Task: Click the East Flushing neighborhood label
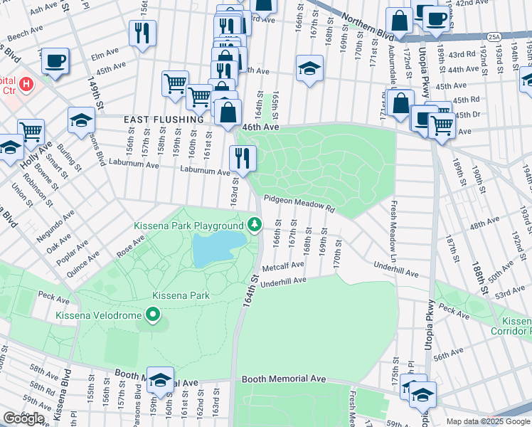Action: tap(164, 120)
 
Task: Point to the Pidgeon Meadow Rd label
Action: tap(299, 204)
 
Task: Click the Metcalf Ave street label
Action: tap(282, 265)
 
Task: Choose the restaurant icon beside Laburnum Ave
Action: tap(243, 158)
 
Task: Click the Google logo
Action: tap(23, 418)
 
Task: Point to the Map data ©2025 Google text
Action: tap(487, 421)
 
